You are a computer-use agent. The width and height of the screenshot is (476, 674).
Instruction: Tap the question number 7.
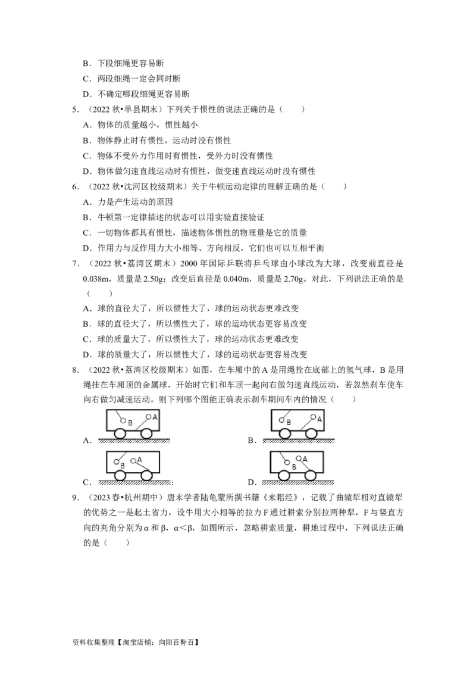tap(74, 264)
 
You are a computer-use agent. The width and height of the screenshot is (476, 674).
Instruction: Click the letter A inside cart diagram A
tap(155, 417)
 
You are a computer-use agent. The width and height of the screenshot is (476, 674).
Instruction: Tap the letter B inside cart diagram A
tap(129, 422)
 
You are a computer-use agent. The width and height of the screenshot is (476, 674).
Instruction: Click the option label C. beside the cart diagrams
tap(87, 482)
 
